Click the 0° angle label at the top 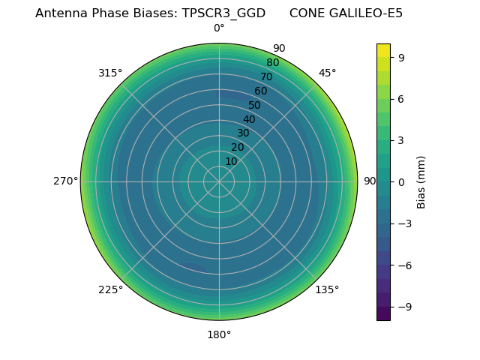coord(219,28)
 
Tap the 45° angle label coord(327,73)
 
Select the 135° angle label coord(327,289)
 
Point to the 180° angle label coord(219,334)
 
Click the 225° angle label coord(110,289)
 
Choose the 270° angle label coord(65,181)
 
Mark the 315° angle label coord(110,73)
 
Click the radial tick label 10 coord(231,162)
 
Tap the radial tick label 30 coord(243,133)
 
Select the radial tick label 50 coord(255,105)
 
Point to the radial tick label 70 coord(266,76)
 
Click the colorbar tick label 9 coord(403,57)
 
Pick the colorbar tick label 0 coord(403,181)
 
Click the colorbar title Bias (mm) coord(421,181)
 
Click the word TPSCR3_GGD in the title coord(223,13)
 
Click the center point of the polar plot coord(219,181)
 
